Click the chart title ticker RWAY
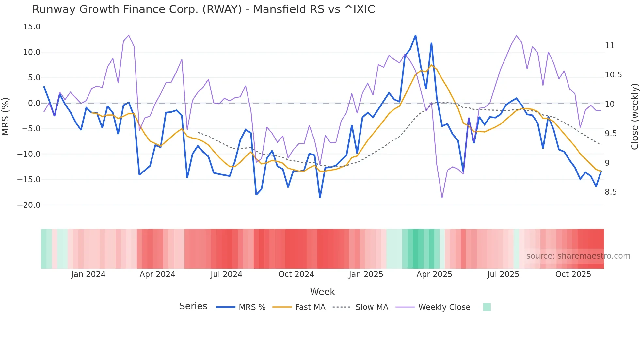click(x=222, y=9)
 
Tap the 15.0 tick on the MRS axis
click(x=32, y=27)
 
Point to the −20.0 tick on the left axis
click(x=29, y=205)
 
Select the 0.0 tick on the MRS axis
click(x=34, y=103)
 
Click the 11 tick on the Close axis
click(x=609, y=46)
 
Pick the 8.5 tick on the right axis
click(x=611, y=192)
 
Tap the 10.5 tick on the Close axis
click(x=613, y=75)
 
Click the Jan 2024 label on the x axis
click(x=88, y=274)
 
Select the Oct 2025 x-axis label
click(x=573, y=274)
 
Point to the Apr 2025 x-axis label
click(x=434, y=274)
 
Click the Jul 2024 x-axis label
click(x=226, y=274)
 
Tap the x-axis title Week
click(x=322, y=292)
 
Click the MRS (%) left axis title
click(x=6, y=116)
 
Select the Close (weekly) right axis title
click(x=634, y=116)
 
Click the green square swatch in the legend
click(x=487, y=307)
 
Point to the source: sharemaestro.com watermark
click(x=578, y=256)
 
